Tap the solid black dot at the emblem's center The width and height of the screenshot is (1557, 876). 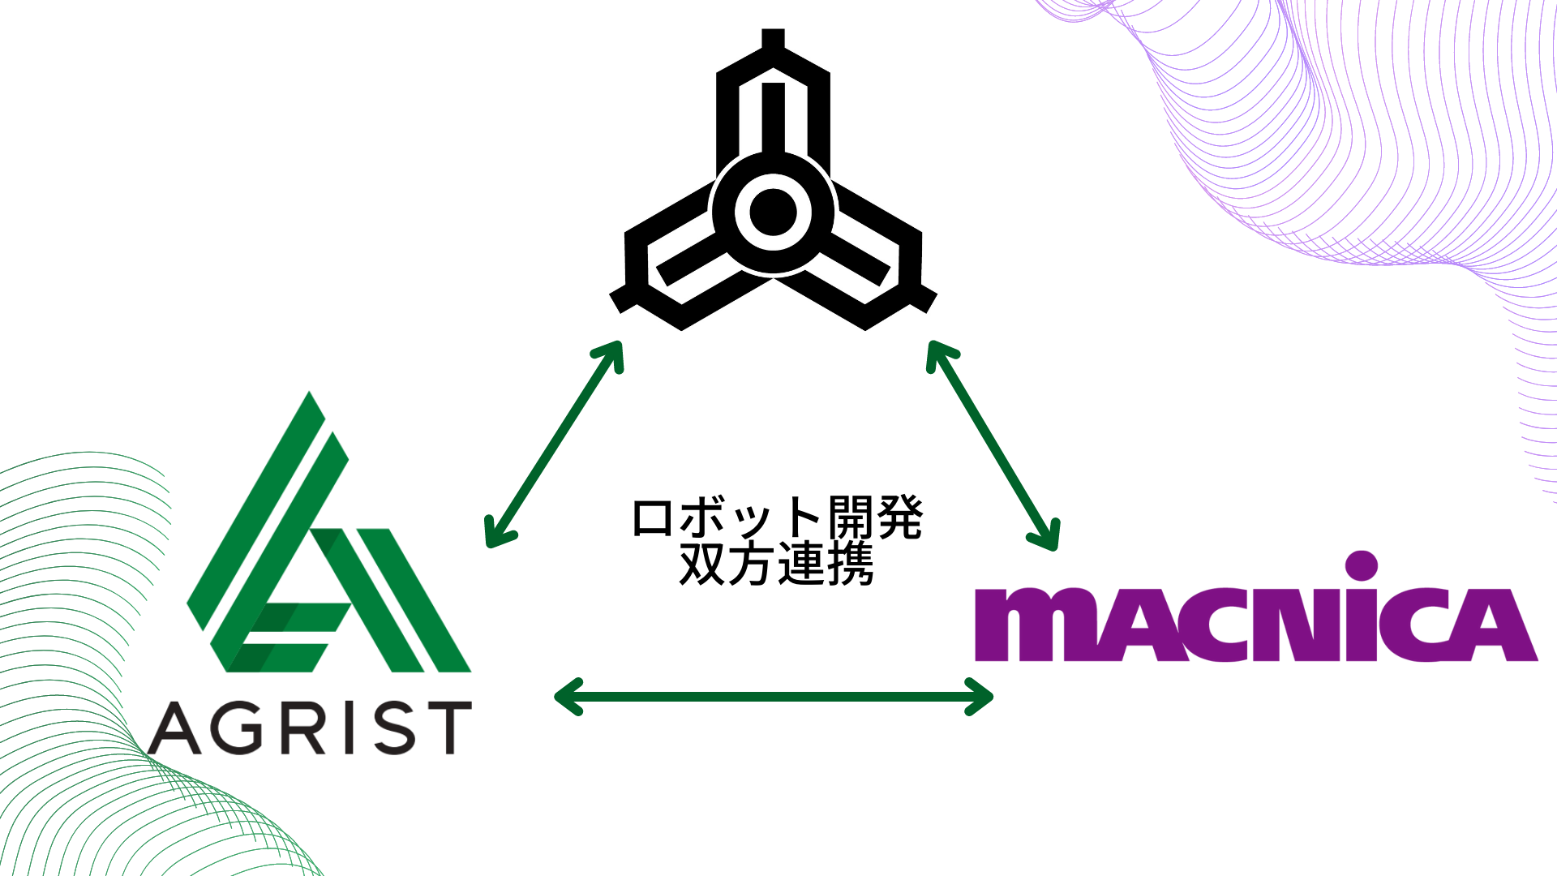click(x=773, y=212)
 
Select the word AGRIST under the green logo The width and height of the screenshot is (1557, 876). click(x=310, y=728)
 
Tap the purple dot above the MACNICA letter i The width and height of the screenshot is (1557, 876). click(x=1362, y=566)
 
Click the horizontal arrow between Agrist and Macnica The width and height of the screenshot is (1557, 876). click(x=774, y=696)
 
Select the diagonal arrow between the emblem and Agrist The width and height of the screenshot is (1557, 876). click(x=553, y=444)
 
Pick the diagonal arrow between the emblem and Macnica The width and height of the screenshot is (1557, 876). click(x=993, y=445)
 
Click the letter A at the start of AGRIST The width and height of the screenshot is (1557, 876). click(x=174, y=728)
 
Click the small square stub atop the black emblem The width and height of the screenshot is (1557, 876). click(x=773, y=38)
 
